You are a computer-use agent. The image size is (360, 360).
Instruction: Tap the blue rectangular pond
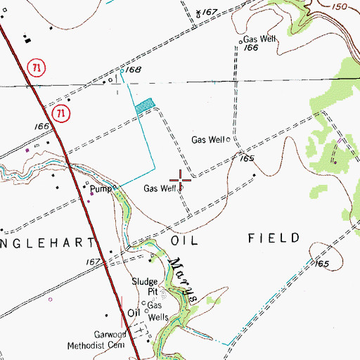click(143, 105)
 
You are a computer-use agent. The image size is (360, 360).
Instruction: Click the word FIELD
click(274, 238)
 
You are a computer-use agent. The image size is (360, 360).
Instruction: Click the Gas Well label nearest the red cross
click(160, 188)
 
